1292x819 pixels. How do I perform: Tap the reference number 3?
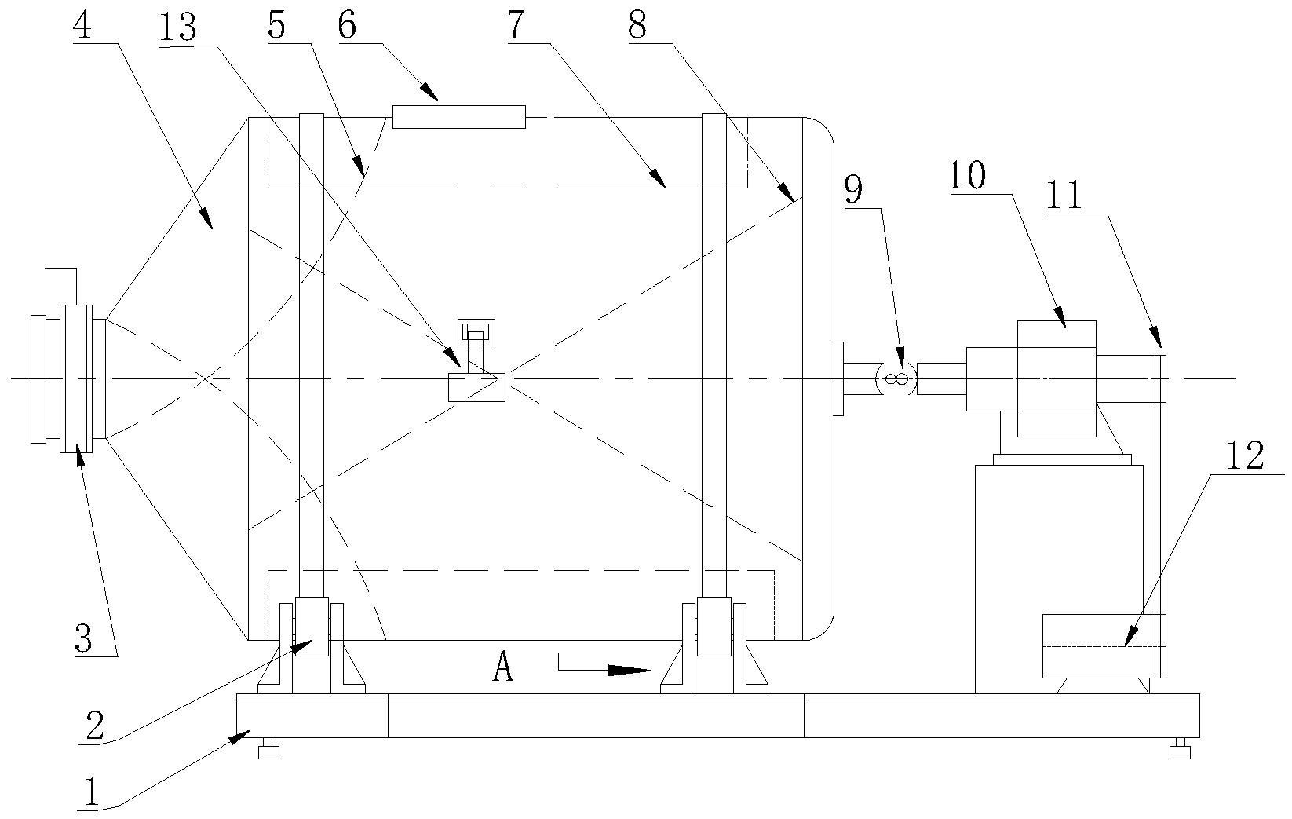[x=83, y=638]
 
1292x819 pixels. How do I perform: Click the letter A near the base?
[x=503, y=668]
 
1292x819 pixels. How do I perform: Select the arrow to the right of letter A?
[x=605, y=670]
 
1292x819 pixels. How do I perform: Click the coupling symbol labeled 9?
[x=896, y=380]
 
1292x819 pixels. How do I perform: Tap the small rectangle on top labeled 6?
[x=459, y=116]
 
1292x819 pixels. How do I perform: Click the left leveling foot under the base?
[x=268, y=751]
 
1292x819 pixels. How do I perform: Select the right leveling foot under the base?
[x=1179, y=751]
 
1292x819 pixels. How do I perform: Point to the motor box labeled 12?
[x=1099, y=646]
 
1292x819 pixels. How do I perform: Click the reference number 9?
[x=854, y=189]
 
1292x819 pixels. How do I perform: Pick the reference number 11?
[x=1064, y=194]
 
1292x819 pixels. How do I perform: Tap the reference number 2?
[x=94, y=726]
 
